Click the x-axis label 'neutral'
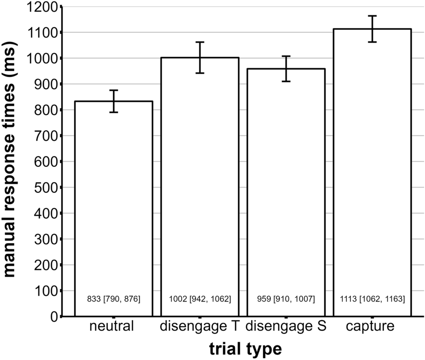[114, 328]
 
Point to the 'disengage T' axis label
[200, 328]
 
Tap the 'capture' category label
[372, 328]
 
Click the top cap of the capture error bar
[372, 16]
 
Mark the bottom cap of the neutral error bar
[114, 112]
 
